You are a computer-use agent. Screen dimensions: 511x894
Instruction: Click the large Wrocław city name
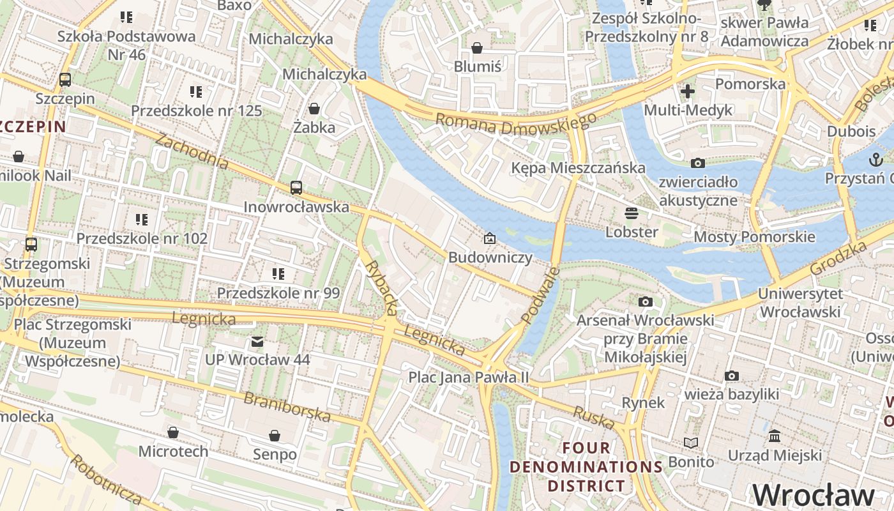click(x=814, y=495)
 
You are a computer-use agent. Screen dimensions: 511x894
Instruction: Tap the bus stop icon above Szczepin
click(x=64, y=80)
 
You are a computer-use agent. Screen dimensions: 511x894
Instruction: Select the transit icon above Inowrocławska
click(x=296, y=188)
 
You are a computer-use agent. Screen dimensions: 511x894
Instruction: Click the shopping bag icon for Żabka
click(x=314, y=108)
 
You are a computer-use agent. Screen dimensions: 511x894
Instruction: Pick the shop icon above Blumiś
click(x=476, y=48)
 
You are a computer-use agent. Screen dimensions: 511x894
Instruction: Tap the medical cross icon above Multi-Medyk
click(x=688, y=91)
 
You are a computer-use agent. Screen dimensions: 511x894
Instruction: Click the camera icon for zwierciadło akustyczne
click(x=697, y=163)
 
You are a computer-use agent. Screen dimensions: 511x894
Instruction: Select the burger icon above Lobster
click(x=632, y=213)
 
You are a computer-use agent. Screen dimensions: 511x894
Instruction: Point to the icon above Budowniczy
click(x=490, y=239)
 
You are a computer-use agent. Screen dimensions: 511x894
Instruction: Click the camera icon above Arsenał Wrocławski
click(x=646, y=301)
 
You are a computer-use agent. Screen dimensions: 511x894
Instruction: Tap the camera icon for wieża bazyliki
click(x=731, y=376)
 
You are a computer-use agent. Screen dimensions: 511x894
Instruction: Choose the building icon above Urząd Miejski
click(x=775, y=436)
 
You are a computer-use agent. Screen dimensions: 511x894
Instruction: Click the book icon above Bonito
click(x=690, y=443)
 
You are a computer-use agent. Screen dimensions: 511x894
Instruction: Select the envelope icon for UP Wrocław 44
click(x=257, y=342)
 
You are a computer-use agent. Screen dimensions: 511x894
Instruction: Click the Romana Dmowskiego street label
click(x=516, y=124)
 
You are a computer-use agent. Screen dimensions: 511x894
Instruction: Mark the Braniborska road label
click(x=287, y=407)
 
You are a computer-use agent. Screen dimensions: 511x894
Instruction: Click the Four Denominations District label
click(x=586, y=466)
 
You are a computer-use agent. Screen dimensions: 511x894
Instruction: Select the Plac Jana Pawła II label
click(x=469, y=378)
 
